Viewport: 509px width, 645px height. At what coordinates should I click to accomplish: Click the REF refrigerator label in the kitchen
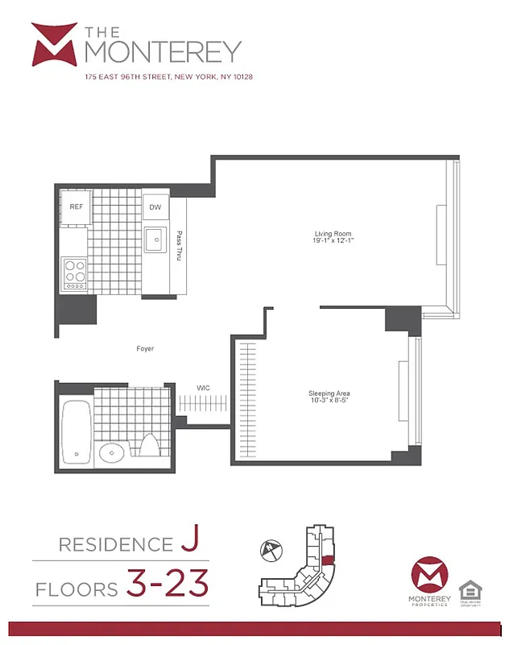[77, 207]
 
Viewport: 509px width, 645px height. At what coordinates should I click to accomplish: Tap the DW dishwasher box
[155, 207]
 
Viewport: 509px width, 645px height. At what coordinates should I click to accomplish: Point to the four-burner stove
[75, 273]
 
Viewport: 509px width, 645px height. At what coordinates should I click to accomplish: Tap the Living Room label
[333, 235]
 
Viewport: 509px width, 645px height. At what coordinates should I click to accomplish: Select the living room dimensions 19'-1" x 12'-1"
[333, 241]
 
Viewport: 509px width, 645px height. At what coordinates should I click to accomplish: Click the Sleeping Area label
[329, 393]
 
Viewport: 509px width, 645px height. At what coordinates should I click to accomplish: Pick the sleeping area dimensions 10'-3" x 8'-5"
[329, 401]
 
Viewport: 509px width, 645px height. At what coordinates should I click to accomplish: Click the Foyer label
[145, 349]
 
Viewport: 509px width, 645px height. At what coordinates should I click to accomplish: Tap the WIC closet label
[204, 388]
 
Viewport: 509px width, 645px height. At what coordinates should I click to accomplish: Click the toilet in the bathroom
[149, 445]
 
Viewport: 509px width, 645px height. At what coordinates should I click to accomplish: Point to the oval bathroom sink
[112, 453]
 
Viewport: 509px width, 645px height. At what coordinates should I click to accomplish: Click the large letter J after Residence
[188, 542]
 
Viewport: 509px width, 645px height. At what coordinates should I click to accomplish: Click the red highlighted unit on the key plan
[327, 561]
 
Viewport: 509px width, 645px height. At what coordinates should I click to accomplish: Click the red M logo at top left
[54, 45]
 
